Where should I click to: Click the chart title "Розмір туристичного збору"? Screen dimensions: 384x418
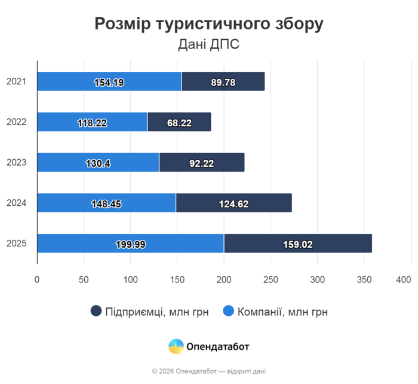pyautogui.click(x=209, y=23)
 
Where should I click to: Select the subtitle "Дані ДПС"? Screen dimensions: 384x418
pyautogui.click(x=209, y=45)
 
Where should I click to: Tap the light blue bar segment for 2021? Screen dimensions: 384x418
pyautogui.click(x=109, y=81)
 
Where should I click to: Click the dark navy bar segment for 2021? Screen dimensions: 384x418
pyautogui.click(x=223, y=81)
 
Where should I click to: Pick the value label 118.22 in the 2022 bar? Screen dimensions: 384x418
pyautogui.click(x=92, y=123)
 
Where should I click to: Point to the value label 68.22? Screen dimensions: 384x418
pyautogui.click(x=179, y=123)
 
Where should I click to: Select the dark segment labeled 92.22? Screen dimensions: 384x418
pyautogui.click(x=202, y=163)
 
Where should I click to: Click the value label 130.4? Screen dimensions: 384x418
pyautogui.click(x=99, y=163)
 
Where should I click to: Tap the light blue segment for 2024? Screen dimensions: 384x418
pyautogui.click(x=106, y=203)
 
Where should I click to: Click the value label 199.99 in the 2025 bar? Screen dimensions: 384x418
pyautogui.click(x=131, y=244)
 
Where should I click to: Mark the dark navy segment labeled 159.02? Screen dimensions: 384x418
pyautogui.click(x=298, y=243)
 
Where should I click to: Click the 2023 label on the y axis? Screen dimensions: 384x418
pyautogui.click(x=16, y=162)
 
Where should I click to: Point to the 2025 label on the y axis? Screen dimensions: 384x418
pyautogui.click(x=16, y=243)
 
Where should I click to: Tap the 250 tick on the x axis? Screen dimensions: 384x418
pyautogui.click(x=271, y=279)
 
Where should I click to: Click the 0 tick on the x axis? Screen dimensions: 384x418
pyautogui.click(x=37, y=279)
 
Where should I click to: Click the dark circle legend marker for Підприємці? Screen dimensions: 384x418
pyautogui.click(x=96, y=311)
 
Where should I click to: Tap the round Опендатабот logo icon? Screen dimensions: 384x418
pyautogui.click(x=176, y=346)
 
